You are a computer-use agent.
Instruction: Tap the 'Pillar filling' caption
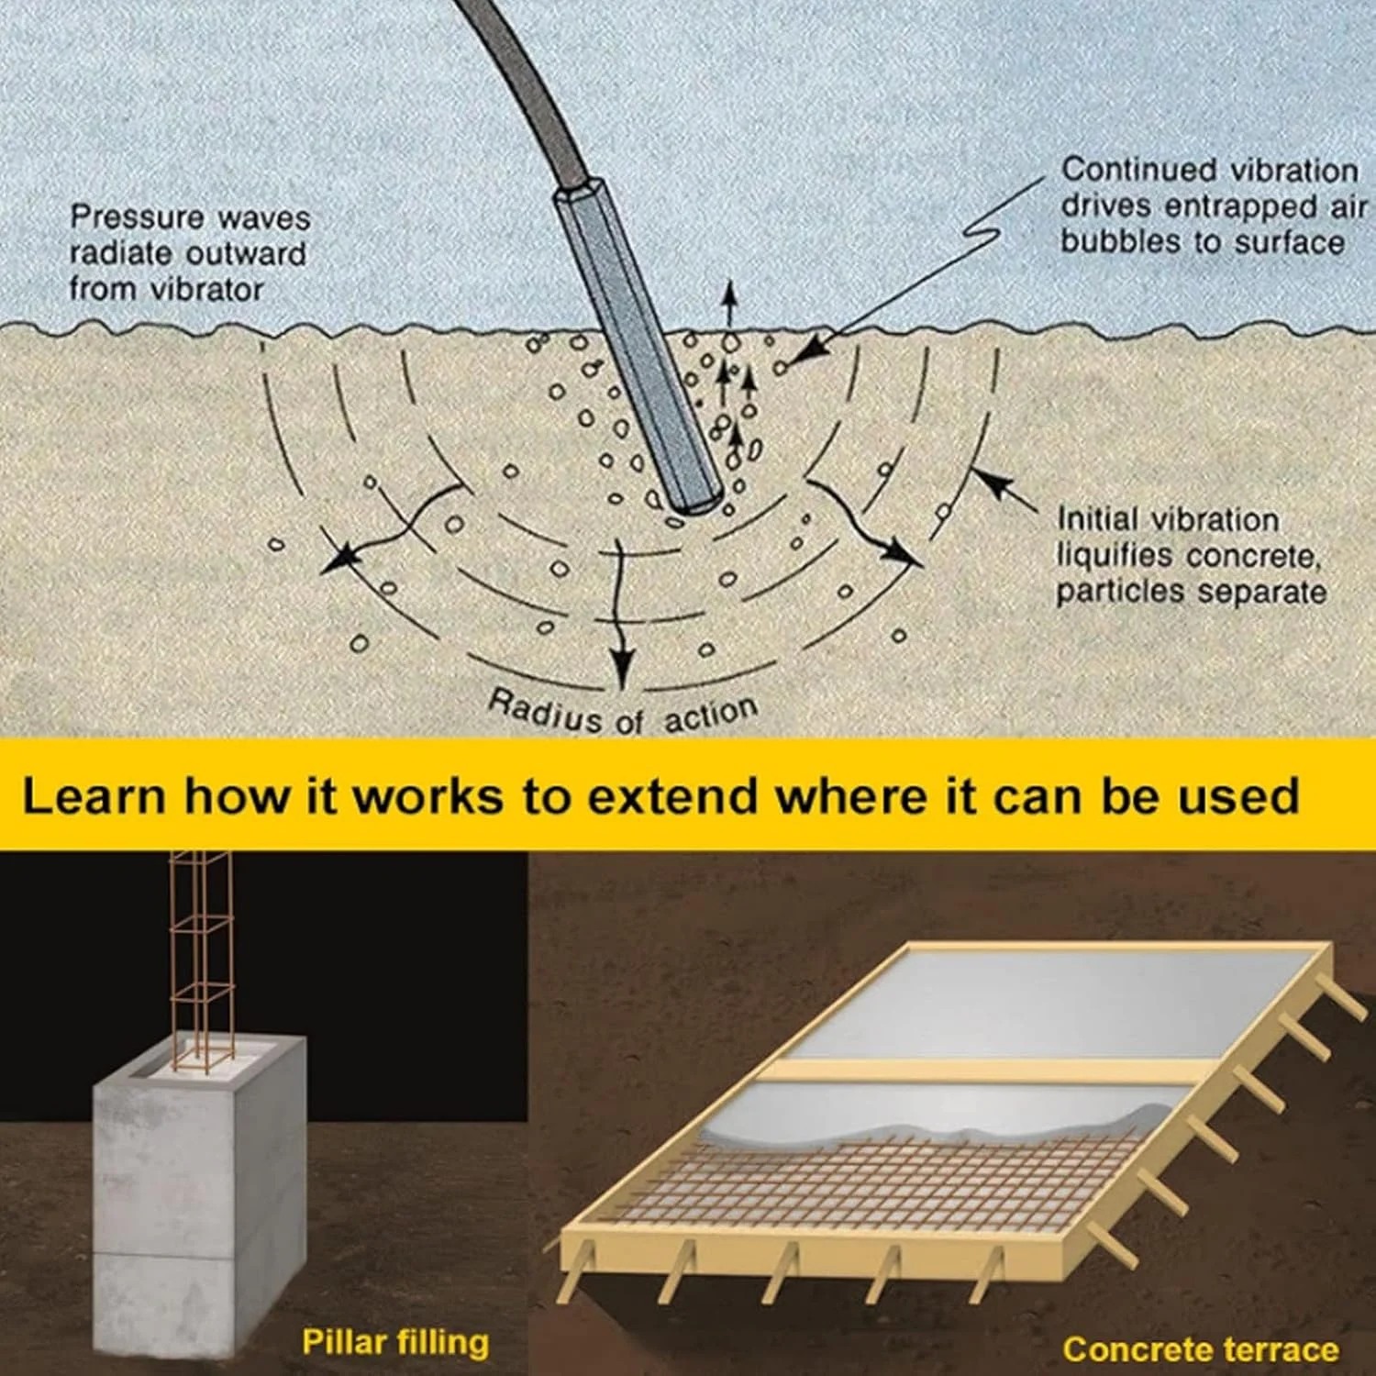[x=395, y=1343]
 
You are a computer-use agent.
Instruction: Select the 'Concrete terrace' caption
[x=1200, y=1349]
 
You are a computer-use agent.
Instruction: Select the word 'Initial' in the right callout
[x=1097, y=519]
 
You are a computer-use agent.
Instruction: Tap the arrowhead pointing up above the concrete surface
[x=729, y=292]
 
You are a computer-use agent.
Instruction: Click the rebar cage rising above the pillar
[x=202, y=954]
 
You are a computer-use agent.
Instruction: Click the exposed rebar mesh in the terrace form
[x=871, y=1183]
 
